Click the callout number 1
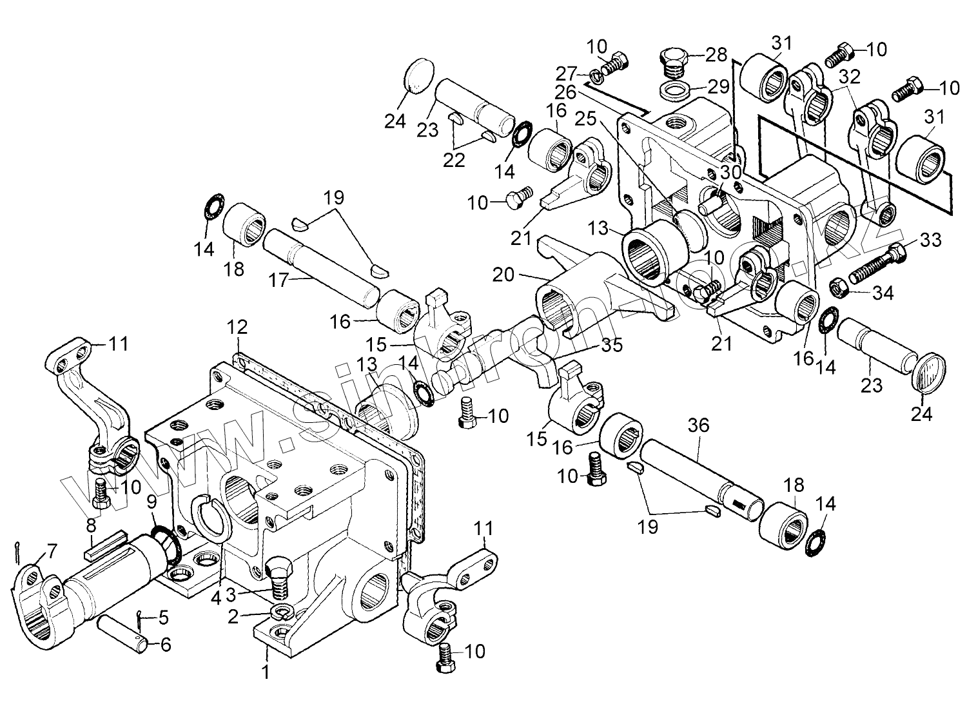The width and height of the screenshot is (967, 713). pos(265,672)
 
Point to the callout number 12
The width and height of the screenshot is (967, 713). pos(236,327)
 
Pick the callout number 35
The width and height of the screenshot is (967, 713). pos(612,346)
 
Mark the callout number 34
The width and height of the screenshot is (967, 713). pos(883,293)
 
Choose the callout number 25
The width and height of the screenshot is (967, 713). pos(585,119)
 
